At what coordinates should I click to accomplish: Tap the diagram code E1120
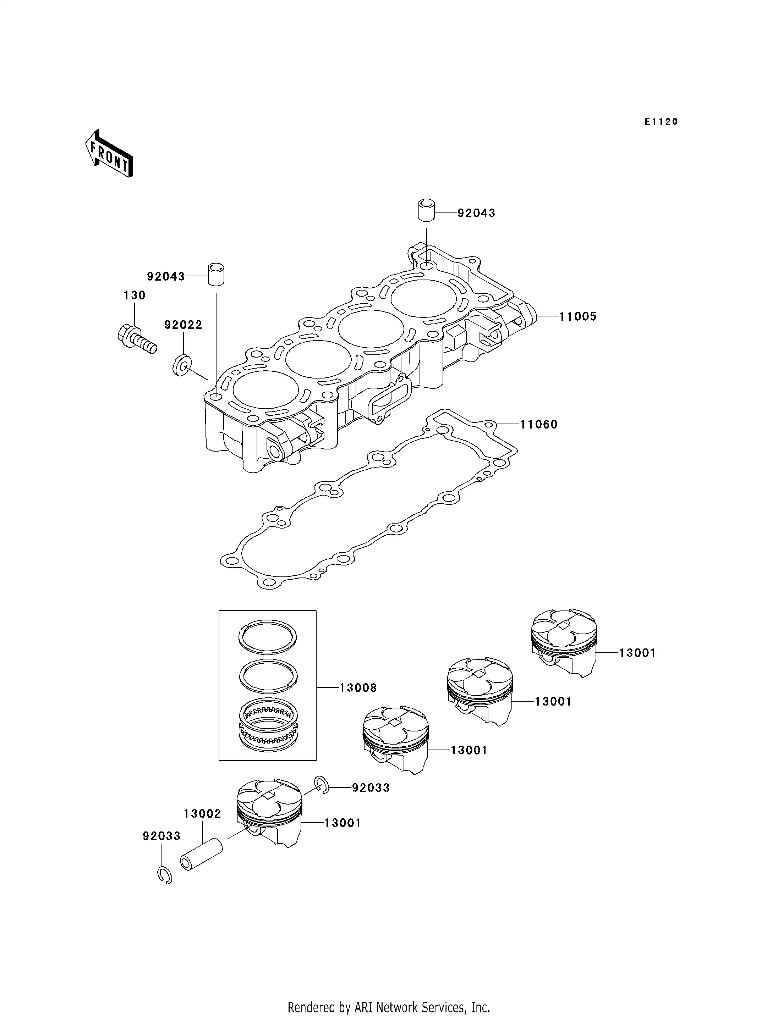click(x=661, y=122)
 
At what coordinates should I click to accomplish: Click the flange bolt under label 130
click(x=137, y=340)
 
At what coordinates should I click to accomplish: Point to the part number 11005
click(x=577, y=317)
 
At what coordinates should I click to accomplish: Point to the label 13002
click(x=202, y=813)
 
